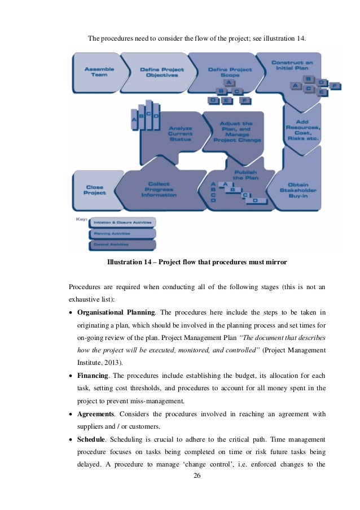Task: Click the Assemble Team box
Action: click(x=99, y=72)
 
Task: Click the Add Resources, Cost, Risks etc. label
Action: click(x=303, y=129)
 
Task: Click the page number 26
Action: click(x=196, y=475)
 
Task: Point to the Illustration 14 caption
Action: click(x=197, y=261)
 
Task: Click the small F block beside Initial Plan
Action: click(x=336, y=86)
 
